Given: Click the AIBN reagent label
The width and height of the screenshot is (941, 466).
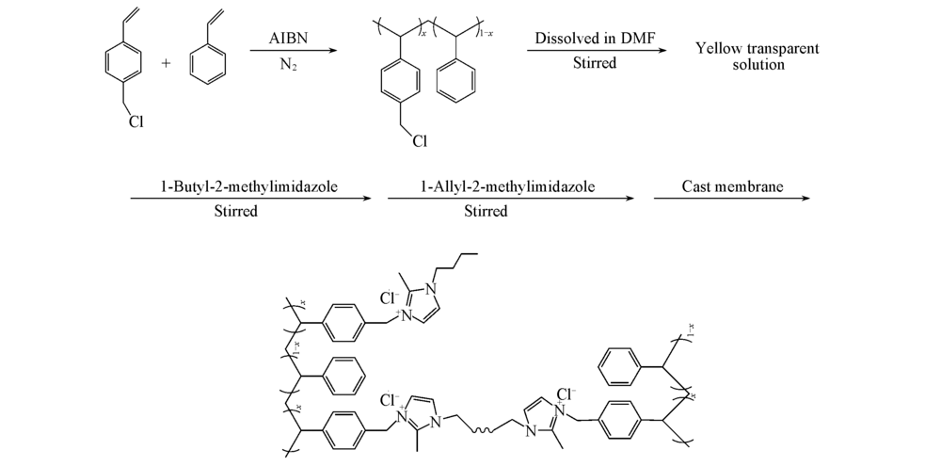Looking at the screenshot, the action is point(289,39).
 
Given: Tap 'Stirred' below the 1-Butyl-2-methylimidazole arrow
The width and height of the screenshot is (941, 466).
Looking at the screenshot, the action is point(236,212).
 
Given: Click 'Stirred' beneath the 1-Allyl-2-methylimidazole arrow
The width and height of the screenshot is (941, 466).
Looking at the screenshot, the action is point(486,212).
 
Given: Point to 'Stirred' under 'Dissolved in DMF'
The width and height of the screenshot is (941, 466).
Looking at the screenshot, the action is point(594,63).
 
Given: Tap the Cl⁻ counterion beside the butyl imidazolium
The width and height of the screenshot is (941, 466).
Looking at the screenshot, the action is point(390,297).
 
